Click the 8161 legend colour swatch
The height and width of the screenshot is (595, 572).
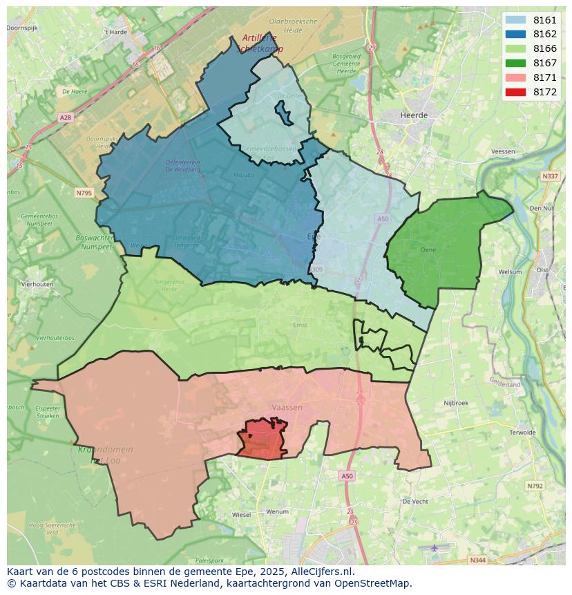click(515, 20)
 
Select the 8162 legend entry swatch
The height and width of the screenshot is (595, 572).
click(515, 34)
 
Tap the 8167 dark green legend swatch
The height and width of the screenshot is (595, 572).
click(515, 63)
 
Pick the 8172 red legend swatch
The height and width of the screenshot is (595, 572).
click(515, 92)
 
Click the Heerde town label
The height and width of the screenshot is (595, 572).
click(414, 115)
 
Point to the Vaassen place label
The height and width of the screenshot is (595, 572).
click(287, 408)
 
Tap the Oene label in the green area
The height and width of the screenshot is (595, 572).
click(428, 249)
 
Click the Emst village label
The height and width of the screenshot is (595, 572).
click(300, 325)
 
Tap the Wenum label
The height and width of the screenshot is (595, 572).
click(277, 511)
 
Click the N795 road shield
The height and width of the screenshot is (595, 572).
click(84, 193)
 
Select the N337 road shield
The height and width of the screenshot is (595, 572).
click(550, 176)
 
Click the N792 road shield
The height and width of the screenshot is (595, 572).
click(535, 487)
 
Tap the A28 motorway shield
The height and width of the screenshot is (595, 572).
click(65, 117)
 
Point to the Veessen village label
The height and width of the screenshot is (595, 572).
click(502, 151)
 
